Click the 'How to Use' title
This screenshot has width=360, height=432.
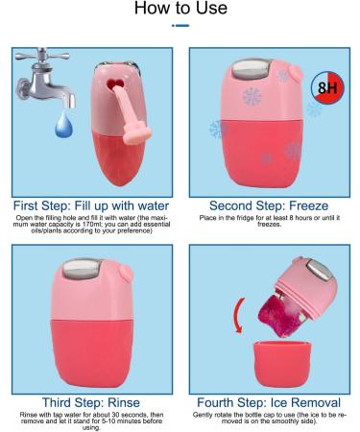[180, 10]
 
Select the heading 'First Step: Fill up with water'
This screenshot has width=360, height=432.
[90, 204]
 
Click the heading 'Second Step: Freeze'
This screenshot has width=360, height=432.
[269, 204]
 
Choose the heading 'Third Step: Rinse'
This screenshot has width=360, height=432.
[90, 401]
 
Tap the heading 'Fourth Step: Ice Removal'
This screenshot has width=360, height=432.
[269, 401]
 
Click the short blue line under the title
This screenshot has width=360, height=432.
[180, 25]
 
